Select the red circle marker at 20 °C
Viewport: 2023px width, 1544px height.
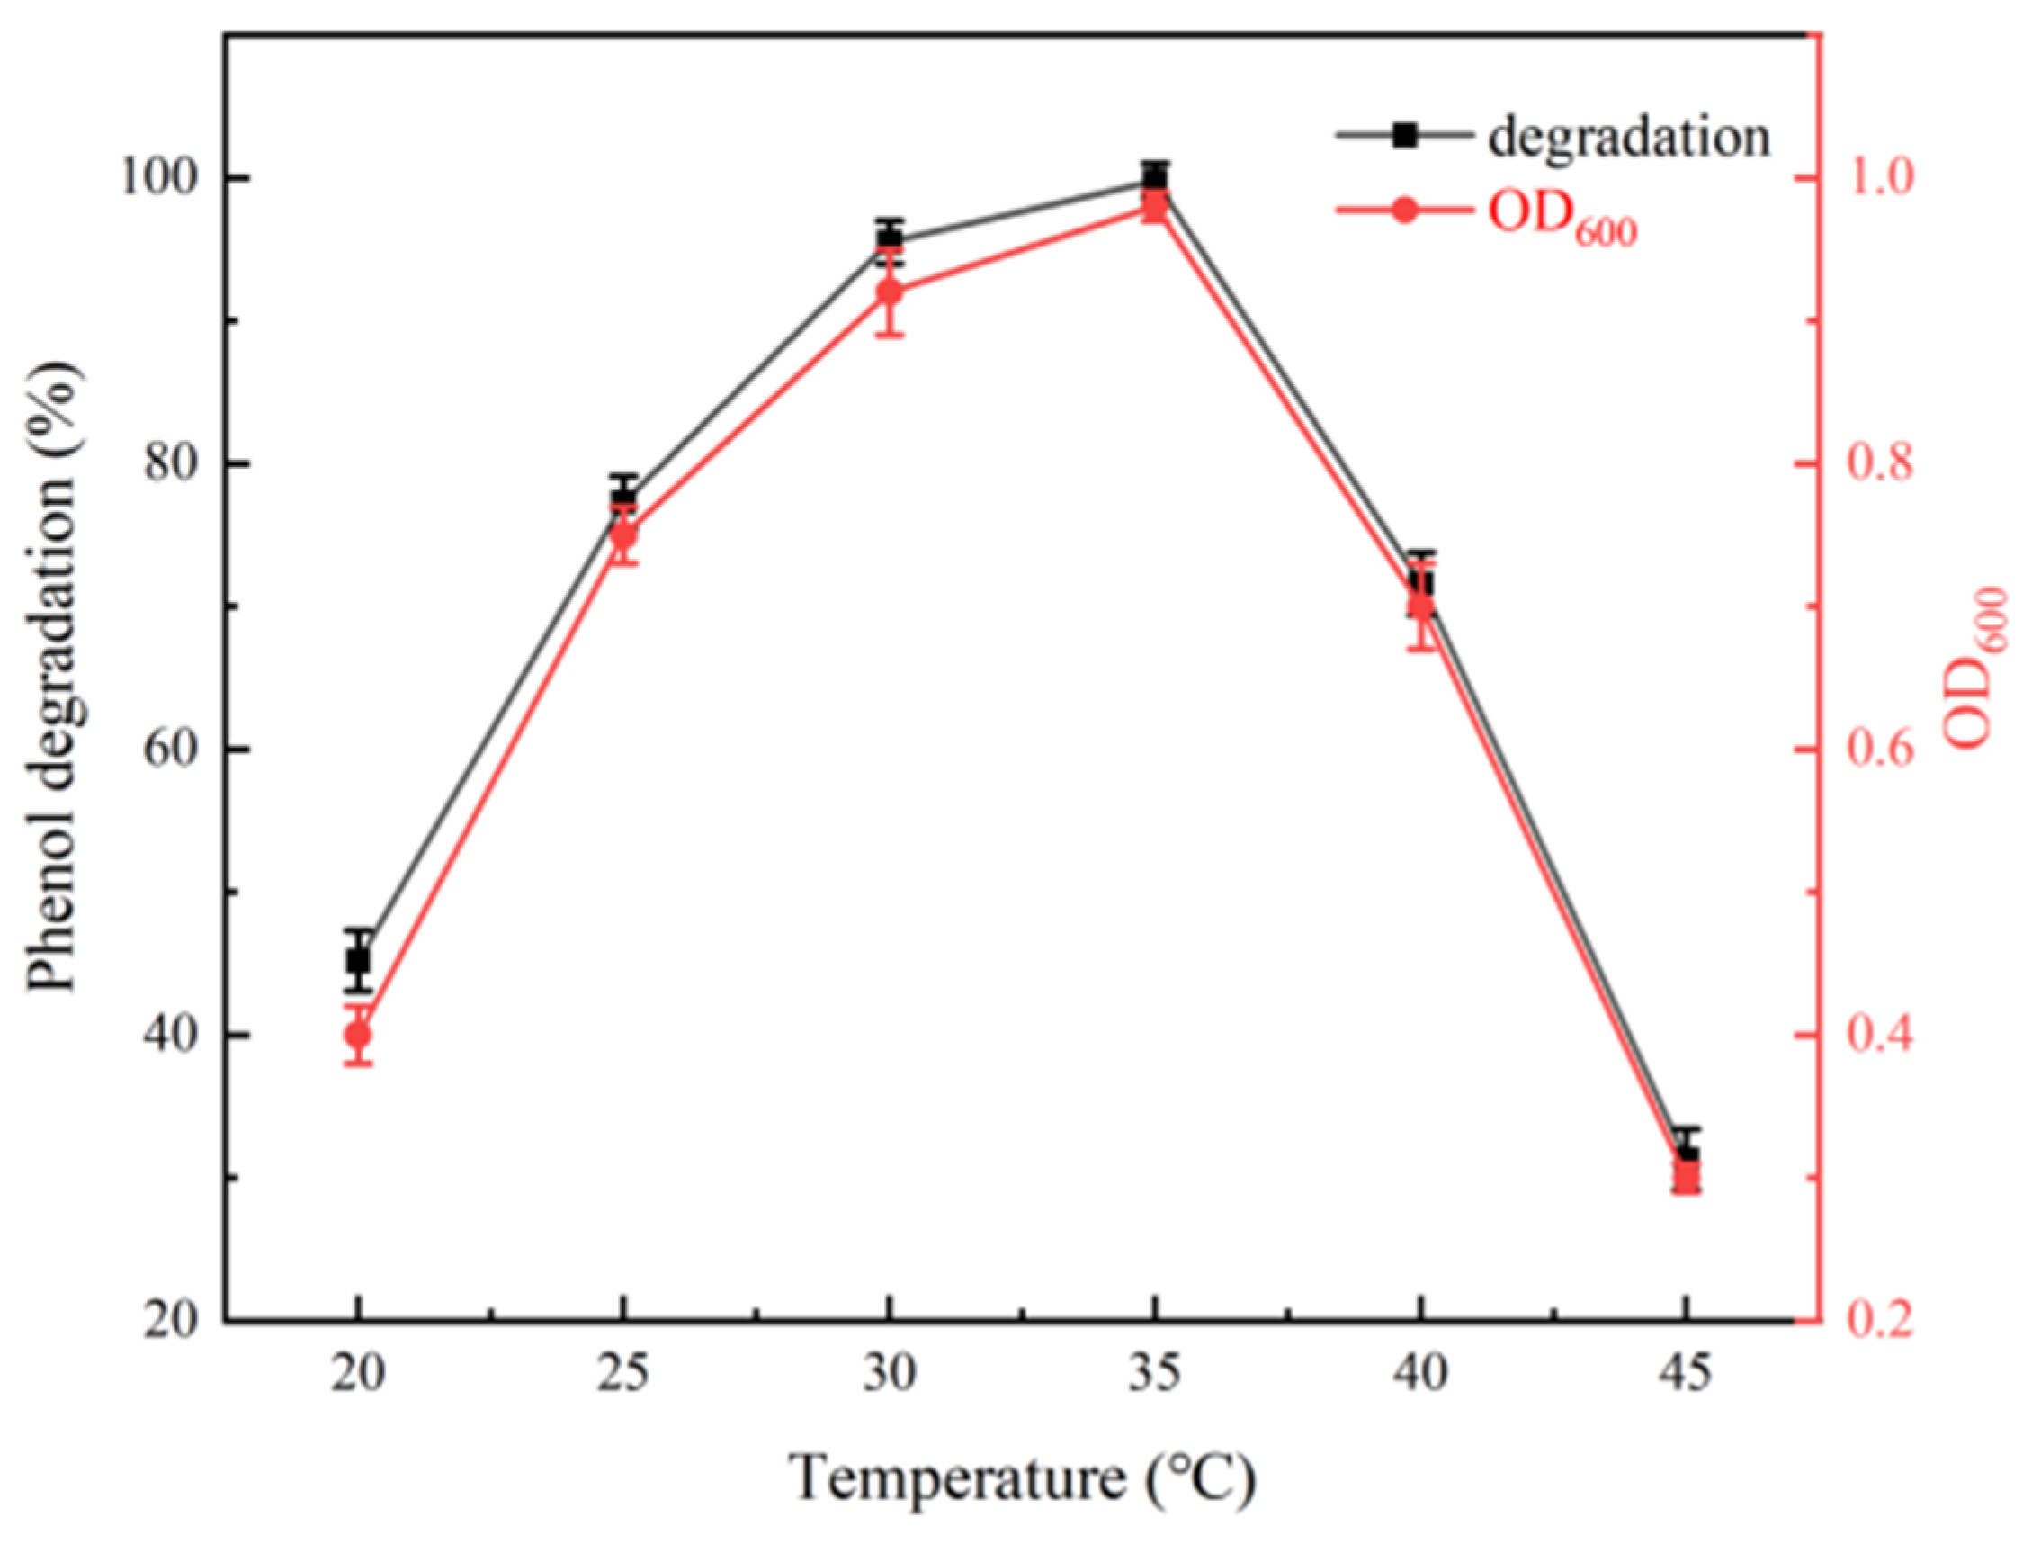(358, 1036)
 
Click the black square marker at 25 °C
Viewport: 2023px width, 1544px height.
(623, 499)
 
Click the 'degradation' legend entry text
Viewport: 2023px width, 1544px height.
(1629, 138)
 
